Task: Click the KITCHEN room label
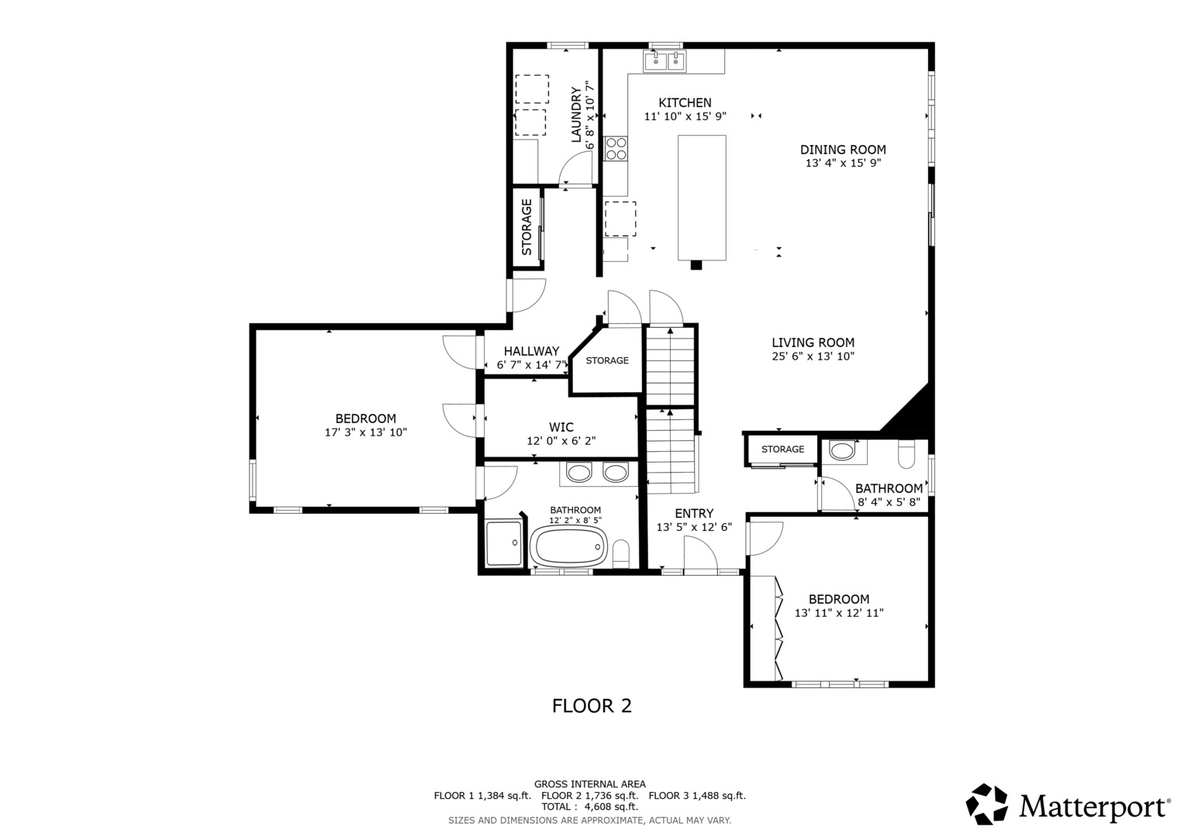[685, 103]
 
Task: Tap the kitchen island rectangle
[702, 198]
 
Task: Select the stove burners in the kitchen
[616, 148]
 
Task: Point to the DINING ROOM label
[843, 150]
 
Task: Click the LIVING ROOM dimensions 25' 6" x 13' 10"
[813, 356]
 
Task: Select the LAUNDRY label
[576, 115]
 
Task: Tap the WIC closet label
[561, 427]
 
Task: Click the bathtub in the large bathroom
[568, 547]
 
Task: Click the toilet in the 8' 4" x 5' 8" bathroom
[906, 454]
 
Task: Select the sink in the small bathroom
[841, 450]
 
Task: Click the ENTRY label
[694, 513]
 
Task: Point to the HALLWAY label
[531, 351]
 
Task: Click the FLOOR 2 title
[592, 706]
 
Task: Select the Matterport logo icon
[986, 804]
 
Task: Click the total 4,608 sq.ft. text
[589, 807]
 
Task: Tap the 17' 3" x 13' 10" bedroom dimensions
[365, 432]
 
